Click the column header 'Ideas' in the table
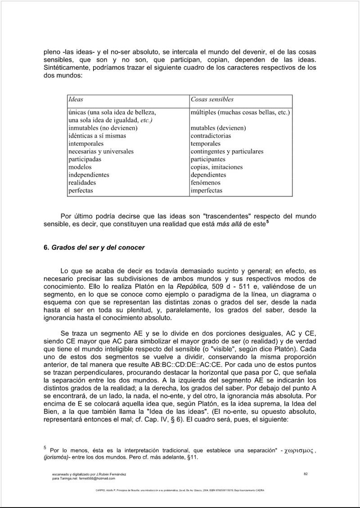[76, 99]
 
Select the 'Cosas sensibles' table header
[212, 99]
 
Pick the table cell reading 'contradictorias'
[211, 136]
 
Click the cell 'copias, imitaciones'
[216, 167]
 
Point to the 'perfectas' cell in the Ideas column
[81, 190]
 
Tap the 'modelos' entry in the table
[80, 167]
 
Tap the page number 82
[306, 474]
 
